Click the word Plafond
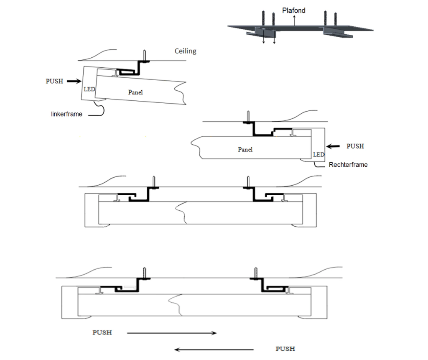294,10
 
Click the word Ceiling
185,51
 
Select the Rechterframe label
348,165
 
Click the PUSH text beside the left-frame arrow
54,81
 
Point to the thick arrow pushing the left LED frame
74,82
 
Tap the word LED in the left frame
89,89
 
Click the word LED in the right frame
318,155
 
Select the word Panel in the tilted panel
135,92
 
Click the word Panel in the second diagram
245,149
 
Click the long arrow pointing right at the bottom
171,333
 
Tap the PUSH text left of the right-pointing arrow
102,333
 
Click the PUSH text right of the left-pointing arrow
285,349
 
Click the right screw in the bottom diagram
256,273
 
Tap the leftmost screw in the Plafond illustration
264,18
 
